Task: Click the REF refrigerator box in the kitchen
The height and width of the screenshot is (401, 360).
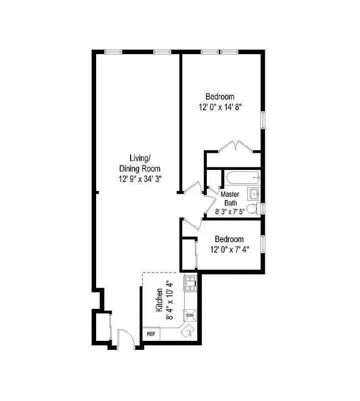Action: point(151,334)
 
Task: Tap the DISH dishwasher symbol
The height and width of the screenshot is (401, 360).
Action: point(190,315)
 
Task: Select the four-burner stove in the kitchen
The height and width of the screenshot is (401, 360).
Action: point(190,285)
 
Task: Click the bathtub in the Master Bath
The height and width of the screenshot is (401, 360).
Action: point(243,177)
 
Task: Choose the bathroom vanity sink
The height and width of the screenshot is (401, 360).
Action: point(254,193)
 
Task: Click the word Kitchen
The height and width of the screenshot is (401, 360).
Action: point(159,300)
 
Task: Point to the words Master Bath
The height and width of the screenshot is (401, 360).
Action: point(230,198)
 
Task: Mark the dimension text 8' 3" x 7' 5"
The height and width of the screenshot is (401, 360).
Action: point(231,212)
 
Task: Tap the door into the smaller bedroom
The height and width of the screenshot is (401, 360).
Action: point(192,224)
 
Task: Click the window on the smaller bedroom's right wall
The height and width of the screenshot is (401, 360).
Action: point(263,243)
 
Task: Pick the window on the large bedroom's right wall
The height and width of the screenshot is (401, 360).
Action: point(263,120)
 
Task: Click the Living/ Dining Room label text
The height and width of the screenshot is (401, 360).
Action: point(140,163)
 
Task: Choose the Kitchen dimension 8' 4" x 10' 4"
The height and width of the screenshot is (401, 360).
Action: point(170,300)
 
